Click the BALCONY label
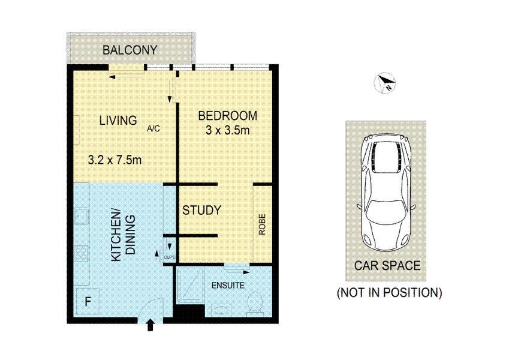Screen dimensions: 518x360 [x=130, y=50]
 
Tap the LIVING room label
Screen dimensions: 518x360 [x=118, y=121]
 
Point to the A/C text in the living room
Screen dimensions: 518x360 [x=153, y=128]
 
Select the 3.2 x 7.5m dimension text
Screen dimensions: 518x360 [x=115, y=160]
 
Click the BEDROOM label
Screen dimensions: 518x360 [x=228, y=116]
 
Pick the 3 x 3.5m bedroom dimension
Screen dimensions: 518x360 [x=228, y=130]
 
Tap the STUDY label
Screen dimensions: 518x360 [x=202, y=210]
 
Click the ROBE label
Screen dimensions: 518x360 [x=262, y=224]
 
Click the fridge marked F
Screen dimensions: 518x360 [x=88, y=301]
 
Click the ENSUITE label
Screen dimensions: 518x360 [x=228, y=285]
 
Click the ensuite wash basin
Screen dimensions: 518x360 [x=218, y=310]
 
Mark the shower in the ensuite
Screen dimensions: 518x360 [x=190, y=285]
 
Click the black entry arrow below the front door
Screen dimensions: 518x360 [x=150, y=325]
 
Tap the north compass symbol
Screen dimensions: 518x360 [x=385, y=83]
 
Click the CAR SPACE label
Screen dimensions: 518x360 [x=387, y=265]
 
